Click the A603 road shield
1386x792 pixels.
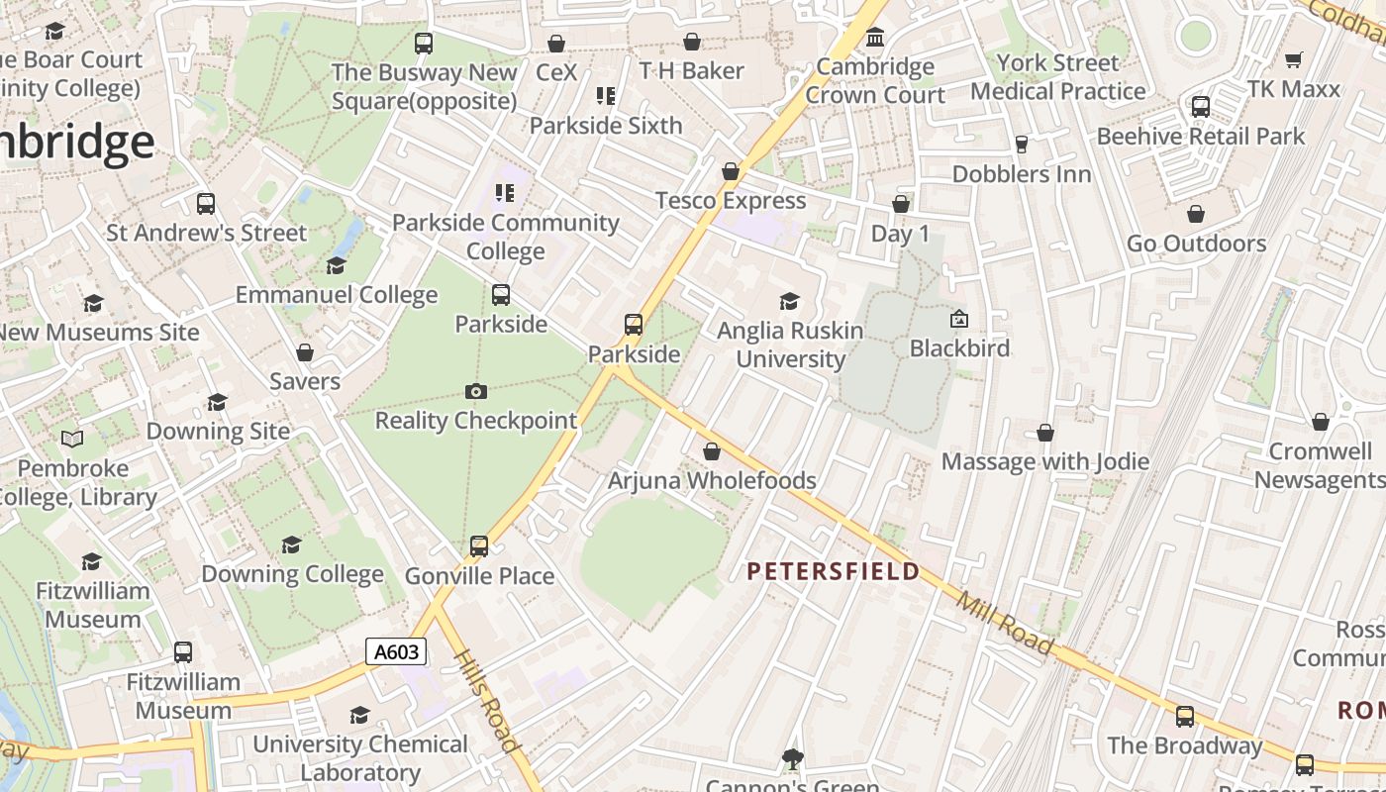tap(397, 651)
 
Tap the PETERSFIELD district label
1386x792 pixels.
tap(833, 571)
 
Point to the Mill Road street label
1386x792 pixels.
tap(1005, 621)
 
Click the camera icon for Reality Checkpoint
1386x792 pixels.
tap(476, 392)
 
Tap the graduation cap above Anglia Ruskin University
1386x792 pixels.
tap(789, 301)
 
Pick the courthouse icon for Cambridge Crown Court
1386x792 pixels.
tap(875, 39)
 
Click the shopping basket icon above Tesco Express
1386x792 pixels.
tap(731, 172)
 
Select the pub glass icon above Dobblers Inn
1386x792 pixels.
tap(1022, 146)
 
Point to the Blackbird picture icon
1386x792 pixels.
tap(958, 320)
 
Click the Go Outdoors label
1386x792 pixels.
tap(1196, 244)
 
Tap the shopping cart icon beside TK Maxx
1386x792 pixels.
tap(1293, 60)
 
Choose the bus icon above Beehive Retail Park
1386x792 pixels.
tap(1200, 107)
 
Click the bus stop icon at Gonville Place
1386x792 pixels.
tap(479, 546)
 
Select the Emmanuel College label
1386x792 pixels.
tap(336, 295)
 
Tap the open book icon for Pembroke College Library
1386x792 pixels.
tap(72, 439)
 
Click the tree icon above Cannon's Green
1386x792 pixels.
tap(792, 759)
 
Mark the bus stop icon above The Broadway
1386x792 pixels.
tap(1185, 717)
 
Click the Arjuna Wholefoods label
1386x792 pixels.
tap(712, 481)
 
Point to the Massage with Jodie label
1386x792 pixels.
tap(1044, 461)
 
